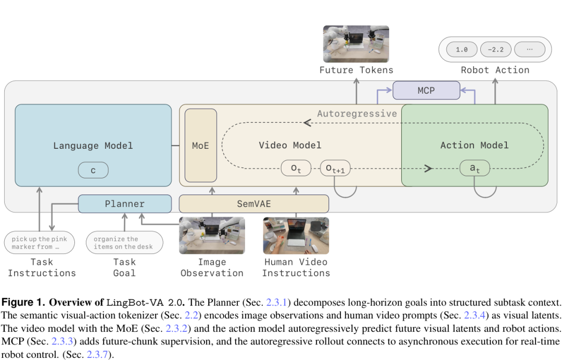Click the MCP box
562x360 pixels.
(426, 91)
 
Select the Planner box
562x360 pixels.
(125, 204)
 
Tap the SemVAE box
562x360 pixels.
(254, 204)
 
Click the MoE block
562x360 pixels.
(201, 146)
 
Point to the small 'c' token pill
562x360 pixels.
(93, 170)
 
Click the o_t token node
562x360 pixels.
(296, 168)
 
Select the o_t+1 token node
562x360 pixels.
(335, 168)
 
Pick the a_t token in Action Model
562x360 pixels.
(475, 168)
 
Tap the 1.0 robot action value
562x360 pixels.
(462, 49)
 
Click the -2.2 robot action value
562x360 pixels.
(496, 49)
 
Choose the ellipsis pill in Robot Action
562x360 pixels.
(530, 49)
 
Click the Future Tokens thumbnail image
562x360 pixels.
(356, 44)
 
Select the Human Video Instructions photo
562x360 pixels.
(296, 236)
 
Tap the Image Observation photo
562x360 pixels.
(212, 236)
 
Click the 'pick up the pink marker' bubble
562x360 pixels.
(40, 242)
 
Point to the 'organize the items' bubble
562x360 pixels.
(124, 242)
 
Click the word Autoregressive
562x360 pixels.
(357, 113)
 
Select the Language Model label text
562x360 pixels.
(93, 146)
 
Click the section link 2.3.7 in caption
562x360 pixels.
(97, 355)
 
